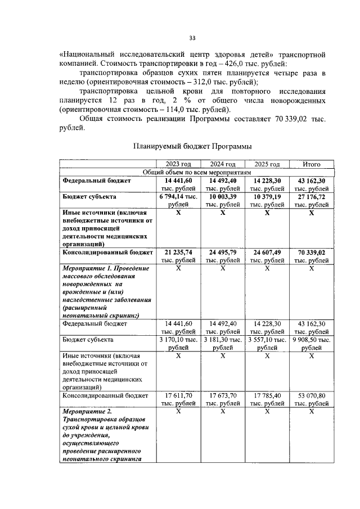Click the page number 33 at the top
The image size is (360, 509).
click(x=192, y=38)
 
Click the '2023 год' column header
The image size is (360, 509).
click(x=178, y=164)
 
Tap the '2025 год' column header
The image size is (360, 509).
click(x=267, y=164)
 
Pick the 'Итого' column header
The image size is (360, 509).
click(x=311, y=164)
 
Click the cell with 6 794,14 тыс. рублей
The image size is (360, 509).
click(x=178, y=201)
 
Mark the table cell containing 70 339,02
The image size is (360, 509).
click(x=311, y=254)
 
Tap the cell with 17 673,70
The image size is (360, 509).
click(x=222, y=399)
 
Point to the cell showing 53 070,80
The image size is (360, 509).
click(x=311, y=399)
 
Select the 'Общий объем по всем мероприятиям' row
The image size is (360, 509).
click(x=196, y=172)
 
